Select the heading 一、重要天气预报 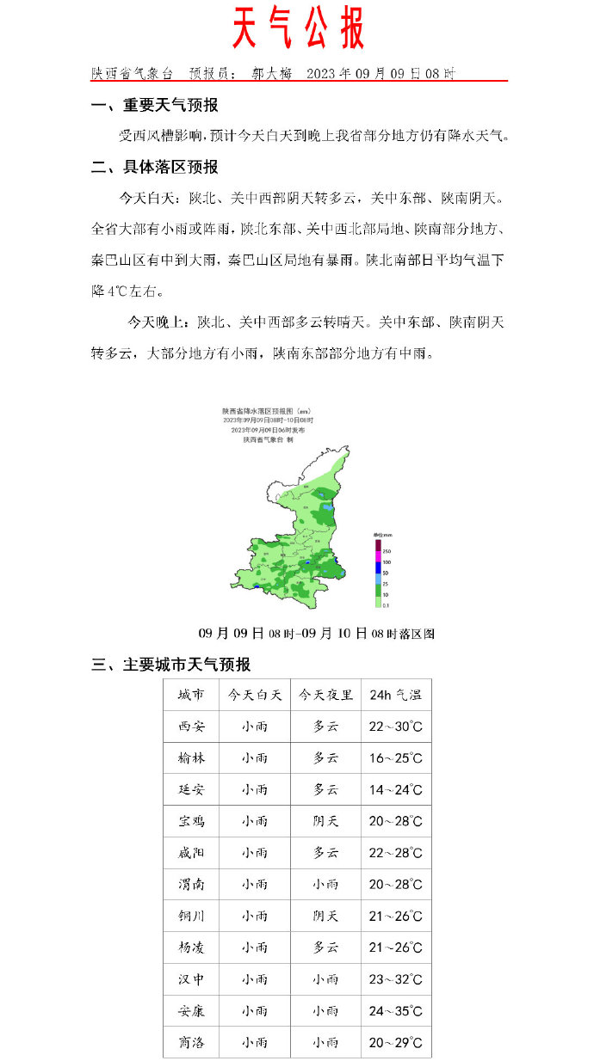(x=155, y=106)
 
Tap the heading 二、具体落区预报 (x=155, y=167)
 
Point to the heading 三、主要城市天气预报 (x=171, y=665)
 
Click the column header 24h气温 (x=395, y=695)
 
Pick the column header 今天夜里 (x=325, y=695)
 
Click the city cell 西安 (x=191, y=727)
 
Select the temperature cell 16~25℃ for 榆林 (x=395, y=758)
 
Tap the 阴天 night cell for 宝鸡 (x=325, y=821)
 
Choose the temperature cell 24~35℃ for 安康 (x=395, y=1011)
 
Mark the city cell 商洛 (x=191, y=1043)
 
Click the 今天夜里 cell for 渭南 (x=325, y=884)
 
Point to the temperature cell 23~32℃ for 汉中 (x=395, y=979)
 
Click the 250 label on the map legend (x=387, y=550)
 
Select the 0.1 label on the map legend (x=386, y=605)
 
